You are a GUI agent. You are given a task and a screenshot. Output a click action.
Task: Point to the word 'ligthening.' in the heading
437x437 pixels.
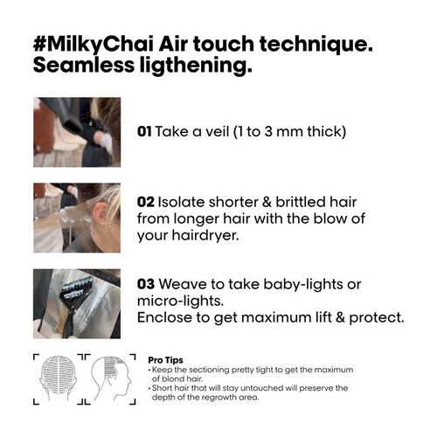(x=191, y=66)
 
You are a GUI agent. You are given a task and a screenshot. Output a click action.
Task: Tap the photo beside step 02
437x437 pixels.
(x=79, y=215)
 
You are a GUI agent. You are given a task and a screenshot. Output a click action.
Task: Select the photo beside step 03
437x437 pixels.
(x=79, y=302)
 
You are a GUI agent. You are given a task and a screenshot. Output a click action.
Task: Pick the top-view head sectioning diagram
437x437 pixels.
(x=54, y=376)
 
